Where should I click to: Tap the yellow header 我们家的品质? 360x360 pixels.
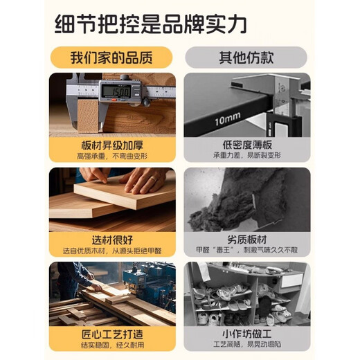click(111, 57)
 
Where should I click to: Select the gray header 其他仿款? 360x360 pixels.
click(246, 57)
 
